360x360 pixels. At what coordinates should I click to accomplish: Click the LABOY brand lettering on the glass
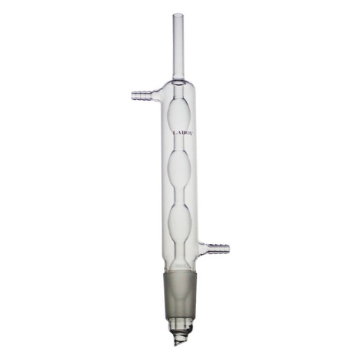point(181,131)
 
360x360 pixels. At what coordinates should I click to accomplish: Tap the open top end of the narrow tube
point(178,15)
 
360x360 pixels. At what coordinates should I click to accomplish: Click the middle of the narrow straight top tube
point(178,46)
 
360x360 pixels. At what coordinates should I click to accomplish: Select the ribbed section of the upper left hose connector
point(140,92)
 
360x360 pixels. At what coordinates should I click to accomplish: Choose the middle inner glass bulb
point(181,169)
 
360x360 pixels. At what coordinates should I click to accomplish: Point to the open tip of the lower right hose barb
point(229,247)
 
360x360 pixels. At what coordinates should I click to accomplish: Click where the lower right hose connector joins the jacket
point(202,246)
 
